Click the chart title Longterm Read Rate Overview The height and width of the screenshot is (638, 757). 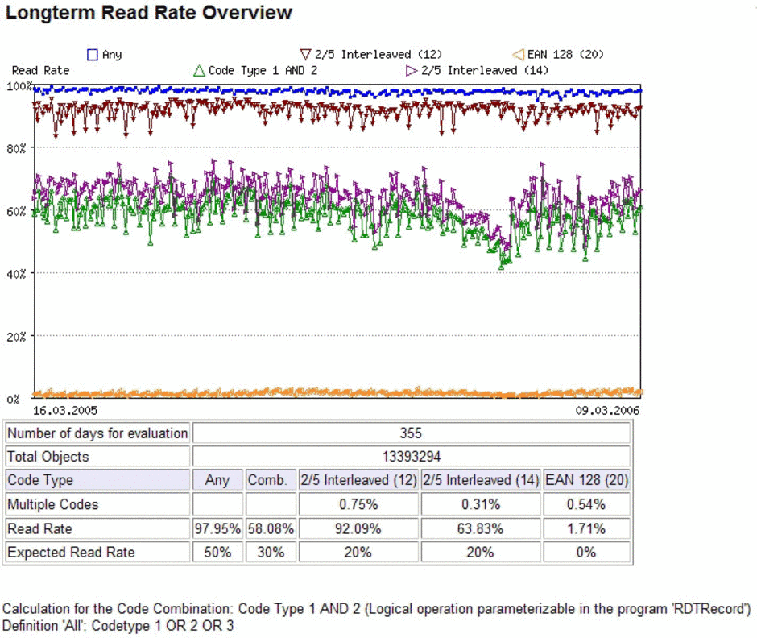(x=149, y=13)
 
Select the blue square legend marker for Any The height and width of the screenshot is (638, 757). (x=93, y=55)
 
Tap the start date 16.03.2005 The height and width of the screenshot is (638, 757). (x=64, y=411)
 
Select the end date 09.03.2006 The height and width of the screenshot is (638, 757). (x=607, y=411)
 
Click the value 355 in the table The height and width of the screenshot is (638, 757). (x=411, y=433)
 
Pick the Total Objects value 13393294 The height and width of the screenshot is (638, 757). (x=412, y=457)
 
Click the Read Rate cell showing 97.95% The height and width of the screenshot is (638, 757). (x=217, y=529)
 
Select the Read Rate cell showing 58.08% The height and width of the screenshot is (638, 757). (x=271, y=529)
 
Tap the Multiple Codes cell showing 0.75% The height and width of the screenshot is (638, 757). (x=358, y=505)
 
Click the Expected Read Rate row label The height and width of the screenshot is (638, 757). (x=71, y=552)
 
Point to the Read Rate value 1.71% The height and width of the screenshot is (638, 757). (x=586, y=529)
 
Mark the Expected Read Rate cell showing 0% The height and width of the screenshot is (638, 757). (x=586, y=552)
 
